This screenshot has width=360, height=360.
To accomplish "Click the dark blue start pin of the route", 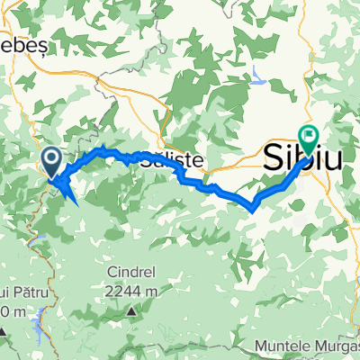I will click(52, 163).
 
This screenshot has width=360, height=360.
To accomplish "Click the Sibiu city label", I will click(303, 159).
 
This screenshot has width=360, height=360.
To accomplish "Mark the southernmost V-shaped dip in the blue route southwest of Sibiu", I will click(254, 208).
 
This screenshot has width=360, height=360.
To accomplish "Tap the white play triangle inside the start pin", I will click(52, 160).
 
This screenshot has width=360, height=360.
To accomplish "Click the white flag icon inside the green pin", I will click(311, 136).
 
